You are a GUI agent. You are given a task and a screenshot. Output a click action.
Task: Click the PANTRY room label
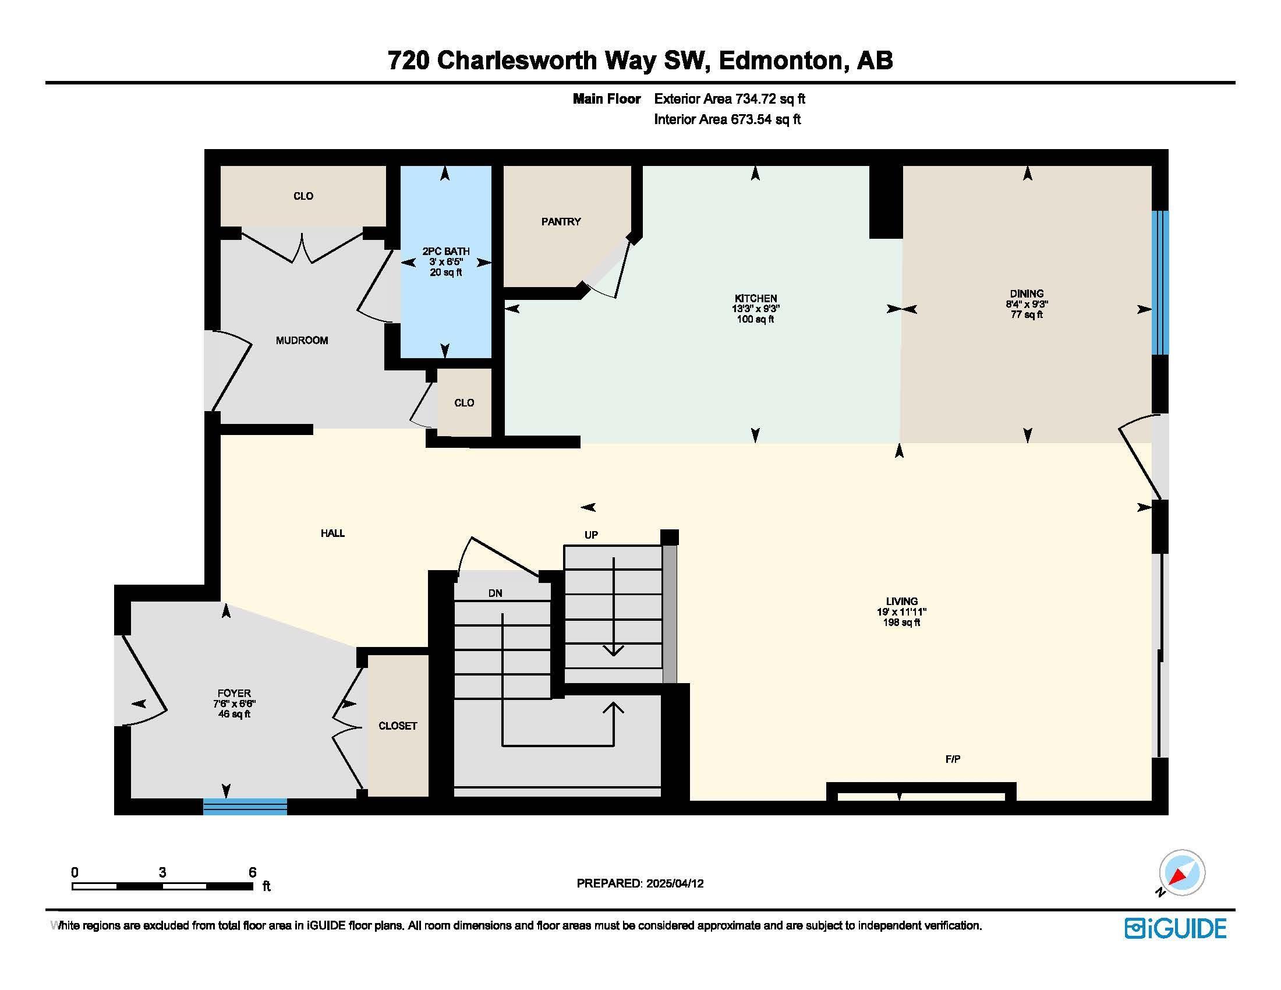coord(561,222)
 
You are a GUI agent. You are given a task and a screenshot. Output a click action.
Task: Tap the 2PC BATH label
coord(446,252)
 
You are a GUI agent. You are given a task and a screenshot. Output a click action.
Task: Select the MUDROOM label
coord(302,341)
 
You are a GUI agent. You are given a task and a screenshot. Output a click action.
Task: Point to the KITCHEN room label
coord(755,299)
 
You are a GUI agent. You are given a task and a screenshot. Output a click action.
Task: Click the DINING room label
coord(1027,294)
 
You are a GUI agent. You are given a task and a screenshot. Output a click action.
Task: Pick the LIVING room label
coord(901,601)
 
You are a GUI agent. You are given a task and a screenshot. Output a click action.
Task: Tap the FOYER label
coord(234,693)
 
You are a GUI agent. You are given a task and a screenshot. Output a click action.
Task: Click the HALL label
coord(332,533)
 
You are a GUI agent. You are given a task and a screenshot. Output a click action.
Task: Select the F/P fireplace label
coord(953,759)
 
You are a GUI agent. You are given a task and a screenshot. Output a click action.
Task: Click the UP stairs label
coord(591,535)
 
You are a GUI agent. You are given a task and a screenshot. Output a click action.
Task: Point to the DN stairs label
coord(495,593)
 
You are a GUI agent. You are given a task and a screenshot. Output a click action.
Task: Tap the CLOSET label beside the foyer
coord(398,726)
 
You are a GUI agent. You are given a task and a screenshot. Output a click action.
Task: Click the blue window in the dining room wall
coord(1159,282)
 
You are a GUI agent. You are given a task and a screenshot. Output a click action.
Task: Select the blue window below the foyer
coord(245,807)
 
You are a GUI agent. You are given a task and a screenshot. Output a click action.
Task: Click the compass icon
coord(1182,872)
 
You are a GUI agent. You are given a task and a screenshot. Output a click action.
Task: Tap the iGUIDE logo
coord(1176,928)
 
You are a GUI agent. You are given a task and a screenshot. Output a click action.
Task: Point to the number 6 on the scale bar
coord(252,872)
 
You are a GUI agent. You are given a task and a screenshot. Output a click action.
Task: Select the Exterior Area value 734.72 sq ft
coord(770,99)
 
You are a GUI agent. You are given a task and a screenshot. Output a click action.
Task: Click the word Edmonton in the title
coord(781,61)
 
